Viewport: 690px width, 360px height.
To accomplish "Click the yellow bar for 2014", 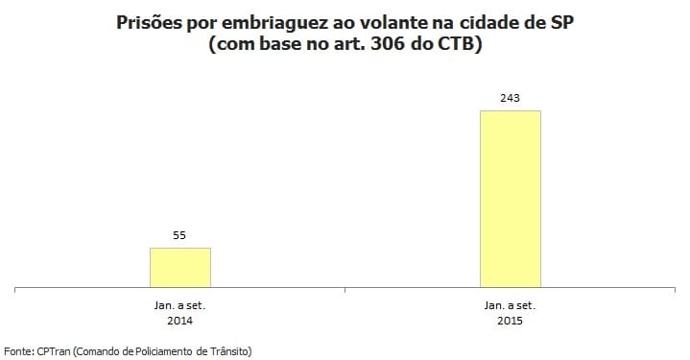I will (x=179, y=267).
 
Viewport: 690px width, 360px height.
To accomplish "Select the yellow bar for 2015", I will (x=510, y=199).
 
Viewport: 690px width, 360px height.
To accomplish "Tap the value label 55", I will (x=179, y=233).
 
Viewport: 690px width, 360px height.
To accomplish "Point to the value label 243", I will (x=510, y=97).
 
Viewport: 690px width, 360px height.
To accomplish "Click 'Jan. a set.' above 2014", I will (x=179, y=304).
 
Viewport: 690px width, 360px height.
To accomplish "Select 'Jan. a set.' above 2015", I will (x=510, y=304).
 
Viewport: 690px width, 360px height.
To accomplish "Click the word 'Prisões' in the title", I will (x=146, y=21).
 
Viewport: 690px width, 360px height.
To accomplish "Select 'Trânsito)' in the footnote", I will (x=229, y=351).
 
